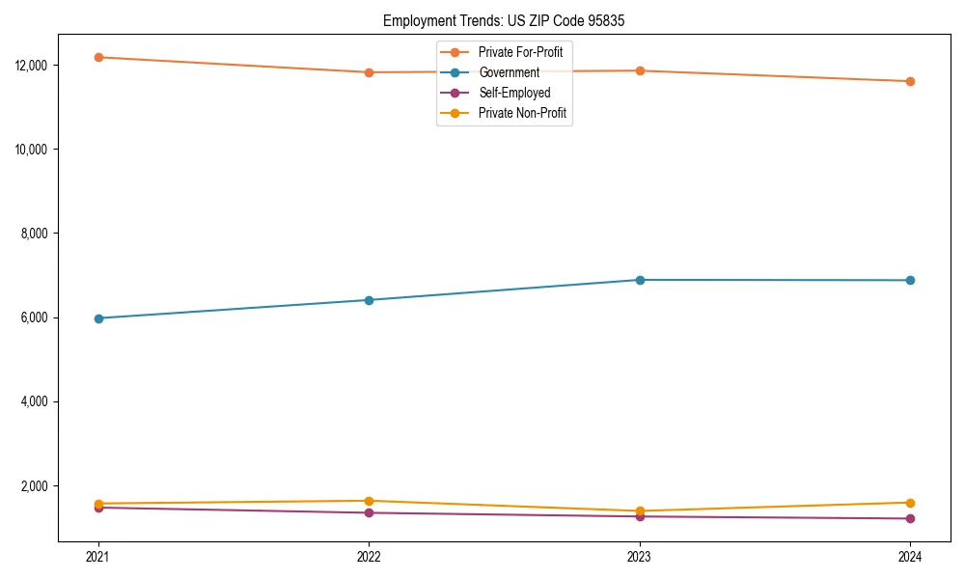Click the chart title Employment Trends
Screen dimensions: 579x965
point(504,21)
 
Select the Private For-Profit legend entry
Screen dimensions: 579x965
point(520,52)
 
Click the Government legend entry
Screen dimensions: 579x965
point(509,72)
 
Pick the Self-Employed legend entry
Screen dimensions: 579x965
point(514,93)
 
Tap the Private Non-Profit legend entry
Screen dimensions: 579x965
point(522,113)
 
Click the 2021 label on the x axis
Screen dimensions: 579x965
point(97,556)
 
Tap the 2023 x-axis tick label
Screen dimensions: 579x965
point(639,556)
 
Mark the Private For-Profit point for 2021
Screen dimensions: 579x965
point(97,57)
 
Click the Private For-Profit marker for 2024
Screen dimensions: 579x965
point(910,81)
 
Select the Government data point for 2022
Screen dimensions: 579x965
point(369,300)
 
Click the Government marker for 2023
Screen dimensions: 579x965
point(639,280)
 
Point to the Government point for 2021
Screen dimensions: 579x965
point(97,318)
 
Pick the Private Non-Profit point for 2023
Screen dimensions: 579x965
point(639,511)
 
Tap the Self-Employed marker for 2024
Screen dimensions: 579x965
point(910,519)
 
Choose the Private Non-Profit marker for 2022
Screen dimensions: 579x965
point(369,501)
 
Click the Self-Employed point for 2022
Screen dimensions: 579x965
point(369,512)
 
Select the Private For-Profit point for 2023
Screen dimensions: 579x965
point(639,70)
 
